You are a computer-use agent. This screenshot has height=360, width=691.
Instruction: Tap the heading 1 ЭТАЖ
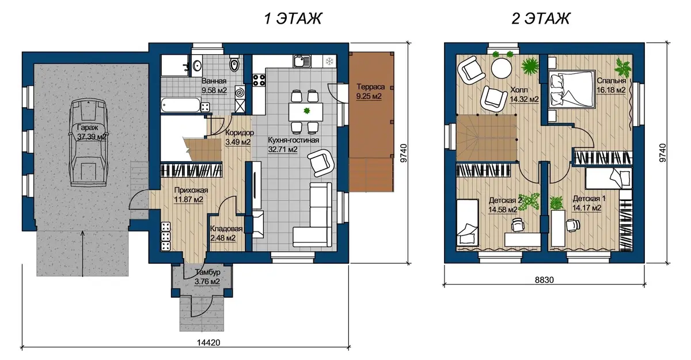293,18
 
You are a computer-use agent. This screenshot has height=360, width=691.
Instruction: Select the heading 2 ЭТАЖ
541,18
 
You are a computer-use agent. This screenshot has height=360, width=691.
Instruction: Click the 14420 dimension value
208,343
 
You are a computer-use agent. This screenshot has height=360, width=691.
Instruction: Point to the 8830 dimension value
544,280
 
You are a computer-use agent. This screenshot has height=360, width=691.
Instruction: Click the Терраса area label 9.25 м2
369,96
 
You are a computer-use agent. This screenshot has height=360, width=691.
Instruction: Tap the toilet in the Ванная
234,64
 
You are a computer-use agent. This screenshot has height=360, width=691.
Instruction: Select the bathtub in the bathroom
181,105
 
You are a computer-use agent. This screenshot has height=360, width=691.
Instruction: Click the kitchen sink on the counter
301,61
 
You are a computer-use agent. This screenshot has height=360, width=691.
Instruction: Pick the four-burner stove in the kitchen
259,80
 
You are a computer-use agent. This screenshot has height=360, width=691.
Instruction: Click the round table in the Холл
502,69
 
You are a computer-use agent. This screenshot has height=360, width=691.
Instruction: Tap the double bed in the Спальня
572,89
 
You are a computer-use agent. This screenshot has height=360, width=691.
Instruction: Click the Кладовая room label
226,229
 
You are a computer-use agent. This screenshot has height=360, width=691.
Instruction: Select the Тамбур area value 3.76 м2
207,282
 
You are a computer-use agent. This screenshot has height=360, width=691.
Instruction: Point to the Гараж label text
88,127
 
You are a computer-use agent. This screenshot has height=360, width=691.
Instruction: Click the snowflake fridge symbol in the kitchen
329,61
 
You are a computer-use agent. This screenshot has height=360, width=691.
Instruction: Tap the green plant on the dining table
306,111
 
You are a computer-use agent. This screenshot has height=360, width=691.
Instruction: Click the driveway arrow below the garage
82,253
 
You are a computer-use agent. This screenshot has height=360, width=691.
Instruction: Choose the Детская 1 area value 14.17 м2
587,208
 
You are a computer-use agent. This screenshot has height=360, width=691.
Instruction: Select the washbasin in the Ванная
197,66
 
